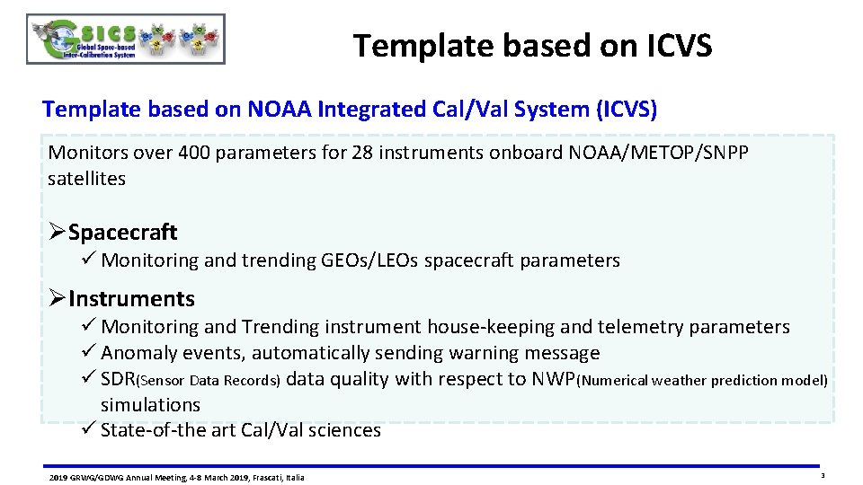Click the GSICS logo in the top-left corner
point(126,40)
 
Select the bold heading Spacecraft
point(122,233)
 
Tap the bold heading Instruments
point(131,299)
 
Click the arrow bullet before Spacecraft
point(57,233)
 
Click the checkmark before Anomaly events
point(87,353)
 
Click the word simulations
point(150,405)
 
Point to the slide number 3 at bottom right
point(823,475)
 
